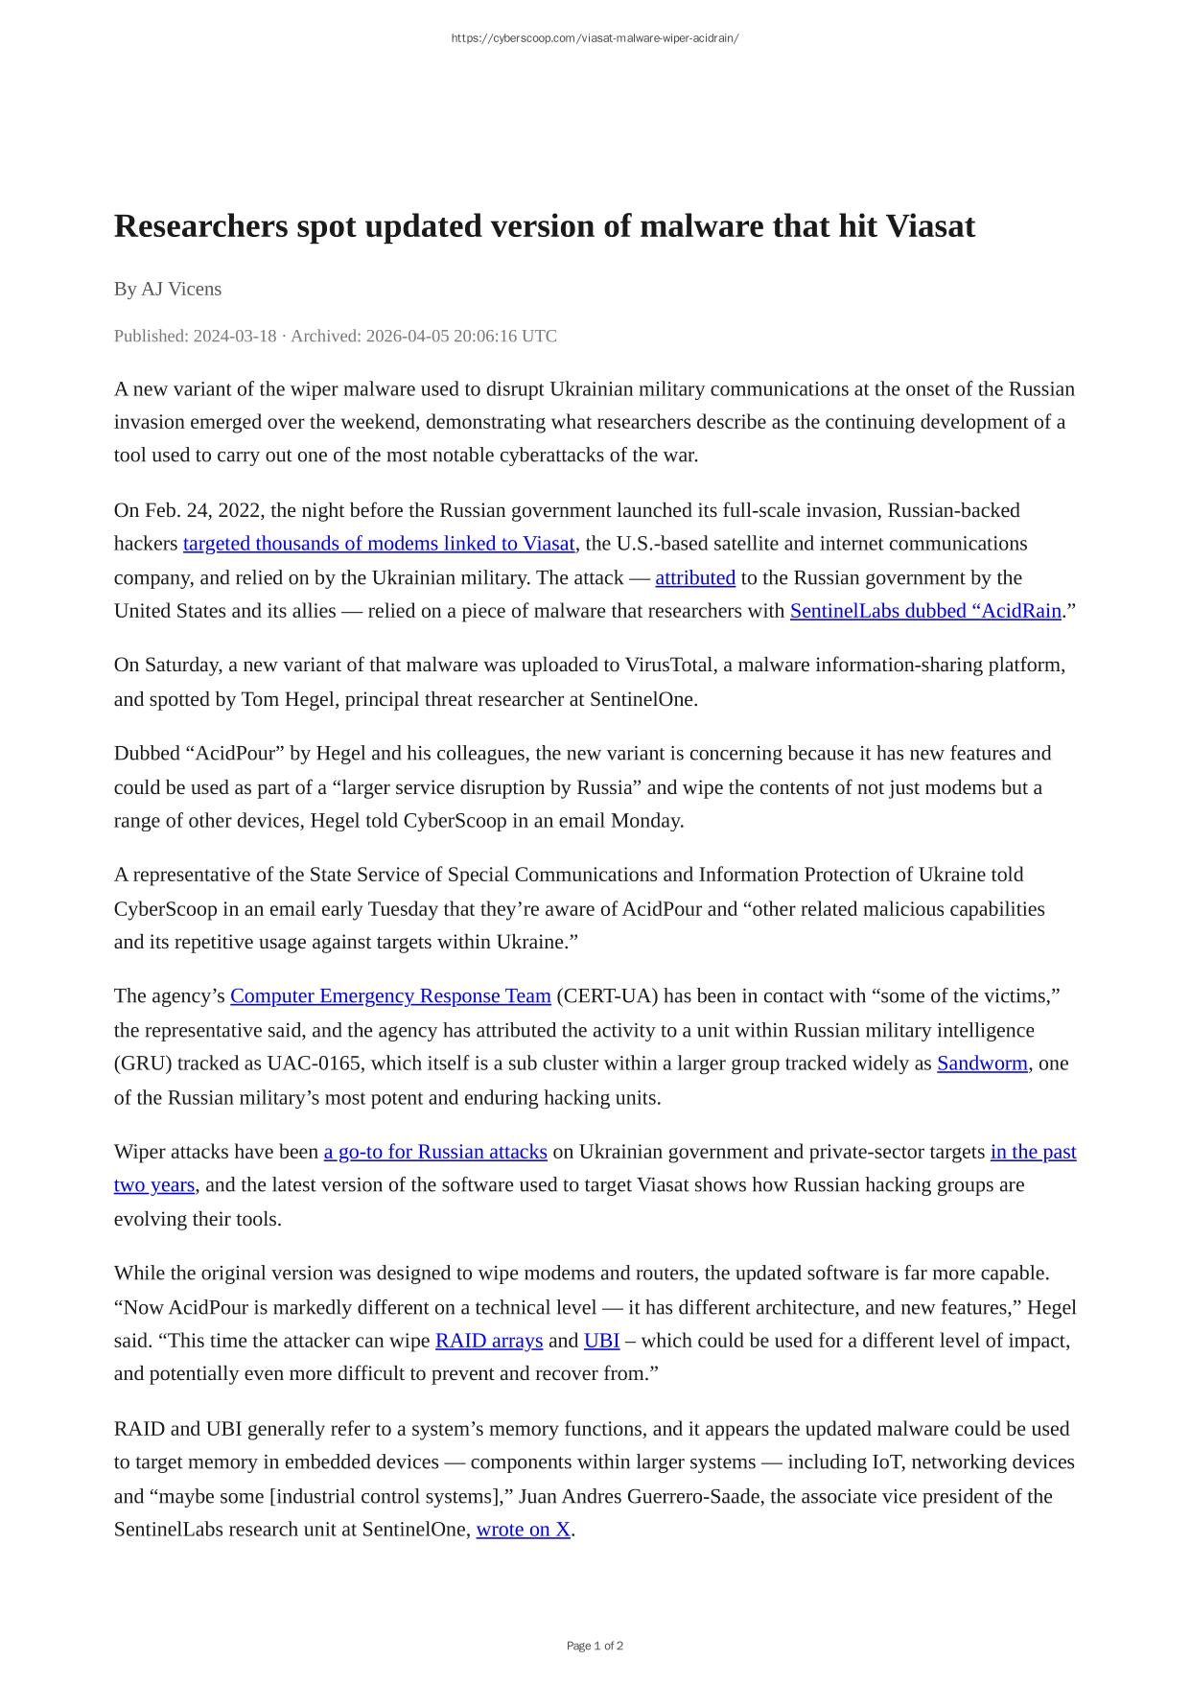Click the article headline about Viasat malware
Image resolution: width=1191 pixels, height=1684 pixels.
[x=544, y=226]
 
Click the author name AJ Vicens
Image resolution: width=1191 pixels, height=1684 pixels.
[x=181, y=289]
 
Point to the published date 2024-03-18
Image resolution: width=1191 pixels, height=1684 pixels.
[x=235, y=336]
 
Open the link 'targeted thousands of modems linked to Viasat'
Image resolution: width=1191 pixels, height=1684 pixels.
[x=379, y=544]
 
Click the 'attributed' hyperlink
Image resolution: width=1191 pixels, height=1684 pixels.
[x=695, y=577]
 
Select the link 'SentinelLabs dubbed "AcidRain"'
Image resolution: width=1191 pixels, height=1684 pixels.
[x=925, y=611]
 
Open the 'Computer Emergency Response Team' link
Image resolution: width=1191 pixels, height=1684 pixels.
[x=390, y=995]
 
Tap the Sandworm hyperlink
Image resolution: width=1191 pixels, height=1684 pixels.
[x=982, y=1064]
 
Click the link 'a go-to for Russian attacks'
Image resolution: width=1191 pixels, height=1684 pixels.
[x=435, y=1152]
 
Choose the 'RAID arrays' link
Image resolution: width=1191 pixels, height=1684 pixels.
[x=489, y=1341]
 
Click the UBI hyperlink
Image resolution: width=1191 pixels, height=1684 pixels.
[x=601, y=1341]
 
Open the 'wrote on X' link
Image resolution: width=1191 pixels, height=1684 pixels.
[x=524, y=1530]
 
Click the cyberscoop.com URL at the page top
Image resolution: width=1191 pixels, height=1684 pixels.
[x=595, y=38]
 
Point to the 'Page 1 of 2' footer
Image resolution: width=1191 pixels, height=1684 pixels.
[x=595, y=1646]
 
